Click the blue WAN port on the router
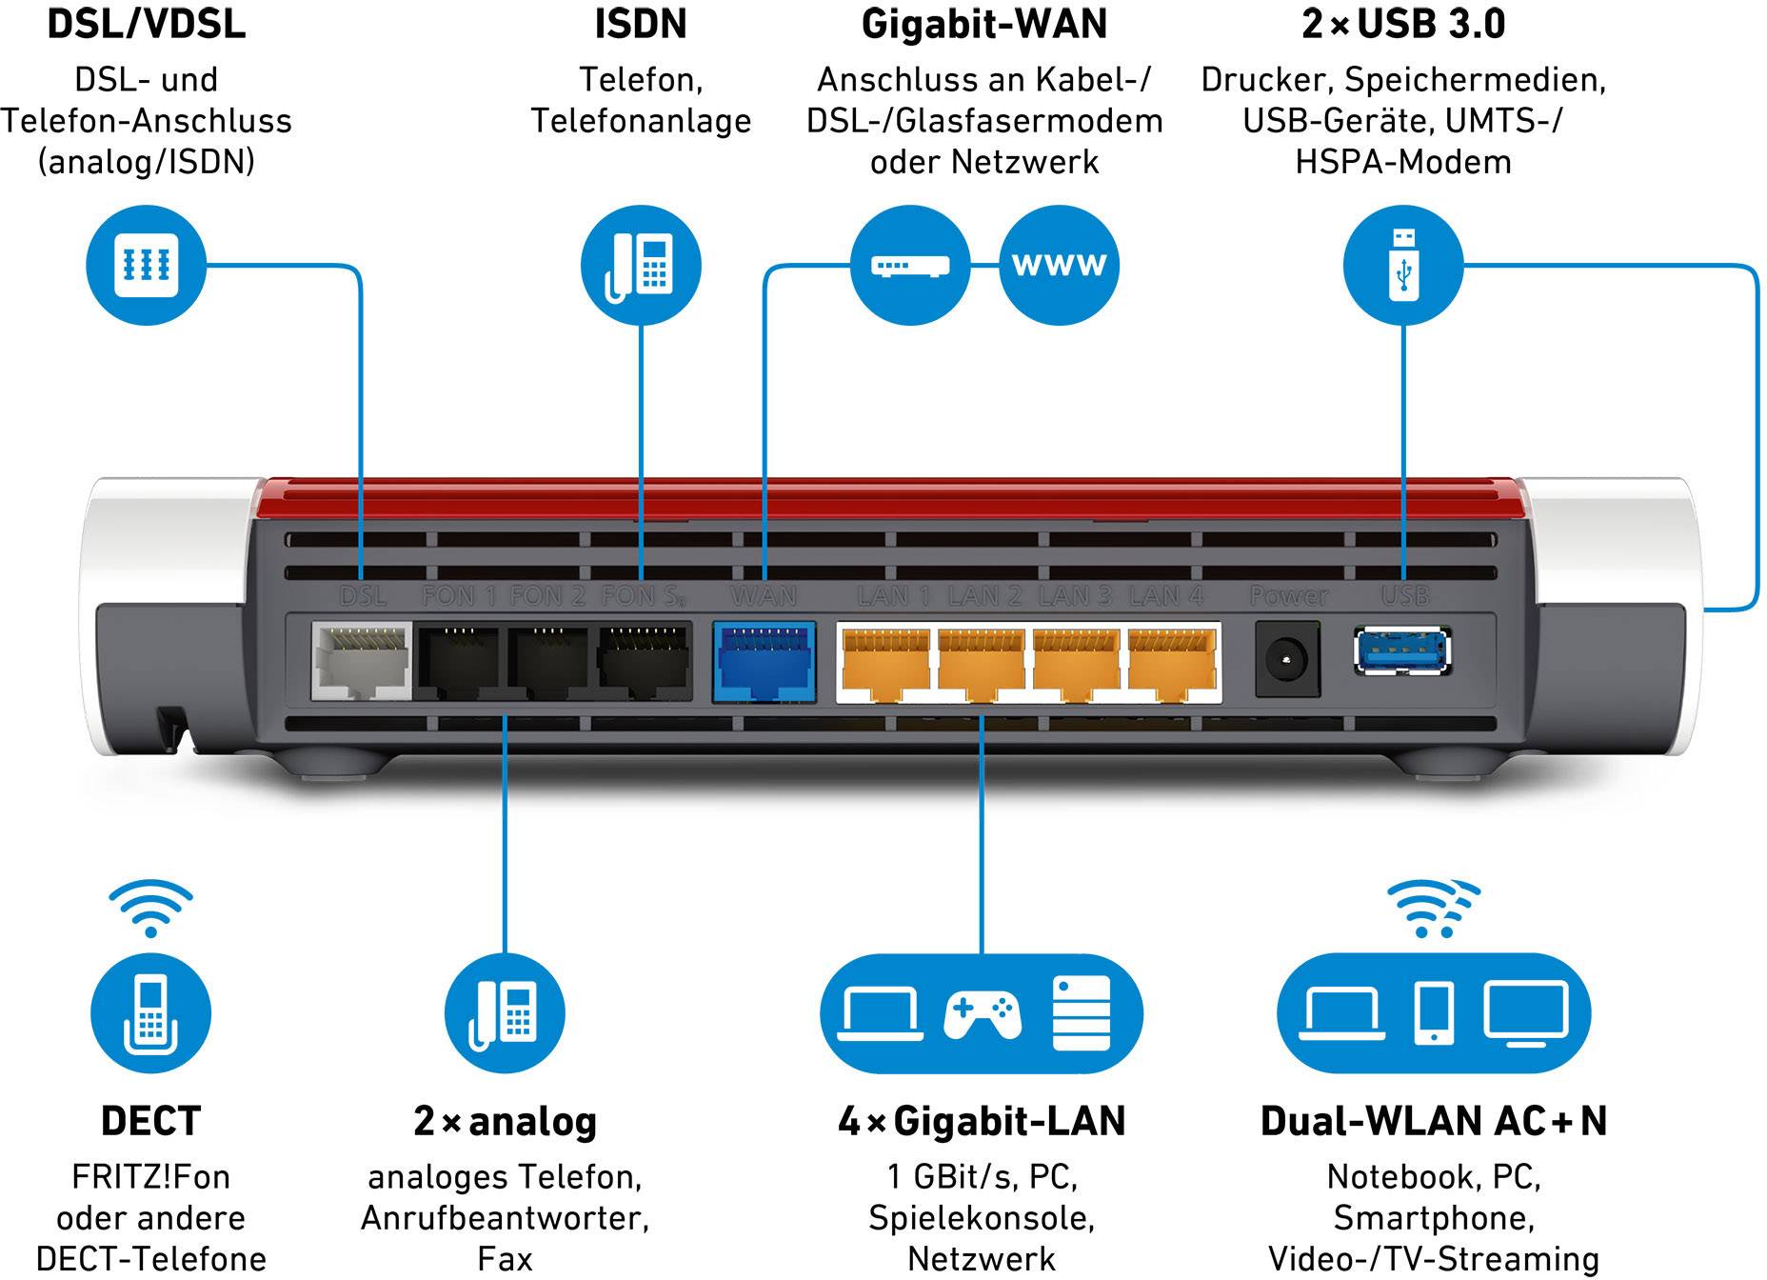coord(764,661)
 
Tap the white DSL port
coord(361,661)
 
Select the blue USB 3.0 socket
coord(1401,651)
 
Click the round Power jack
coord(1287,658)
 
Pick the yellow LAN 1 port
coord(885,661)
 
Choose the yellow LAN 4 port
coord(1172,661)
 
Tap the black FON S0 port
coord(645,661)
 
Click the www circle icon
coord(1059,265)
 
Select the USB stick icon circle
coord(1402,265)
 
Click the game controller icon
coord(983,1013)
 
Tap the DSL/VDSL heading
coord(147,25)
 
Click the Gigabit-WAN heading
coord(984,25)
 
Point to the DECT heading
coord(150,1121)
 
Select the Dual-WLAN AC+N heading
coord(1433,1121)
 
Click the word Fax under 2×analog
coord(505,1258)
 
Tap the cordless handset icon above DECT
coord(150,1013)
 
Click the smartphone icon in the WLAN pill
coord(1434,1013)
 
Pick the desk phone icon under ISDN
coord(641,265)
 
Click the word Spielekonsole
coord(981,1217)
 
